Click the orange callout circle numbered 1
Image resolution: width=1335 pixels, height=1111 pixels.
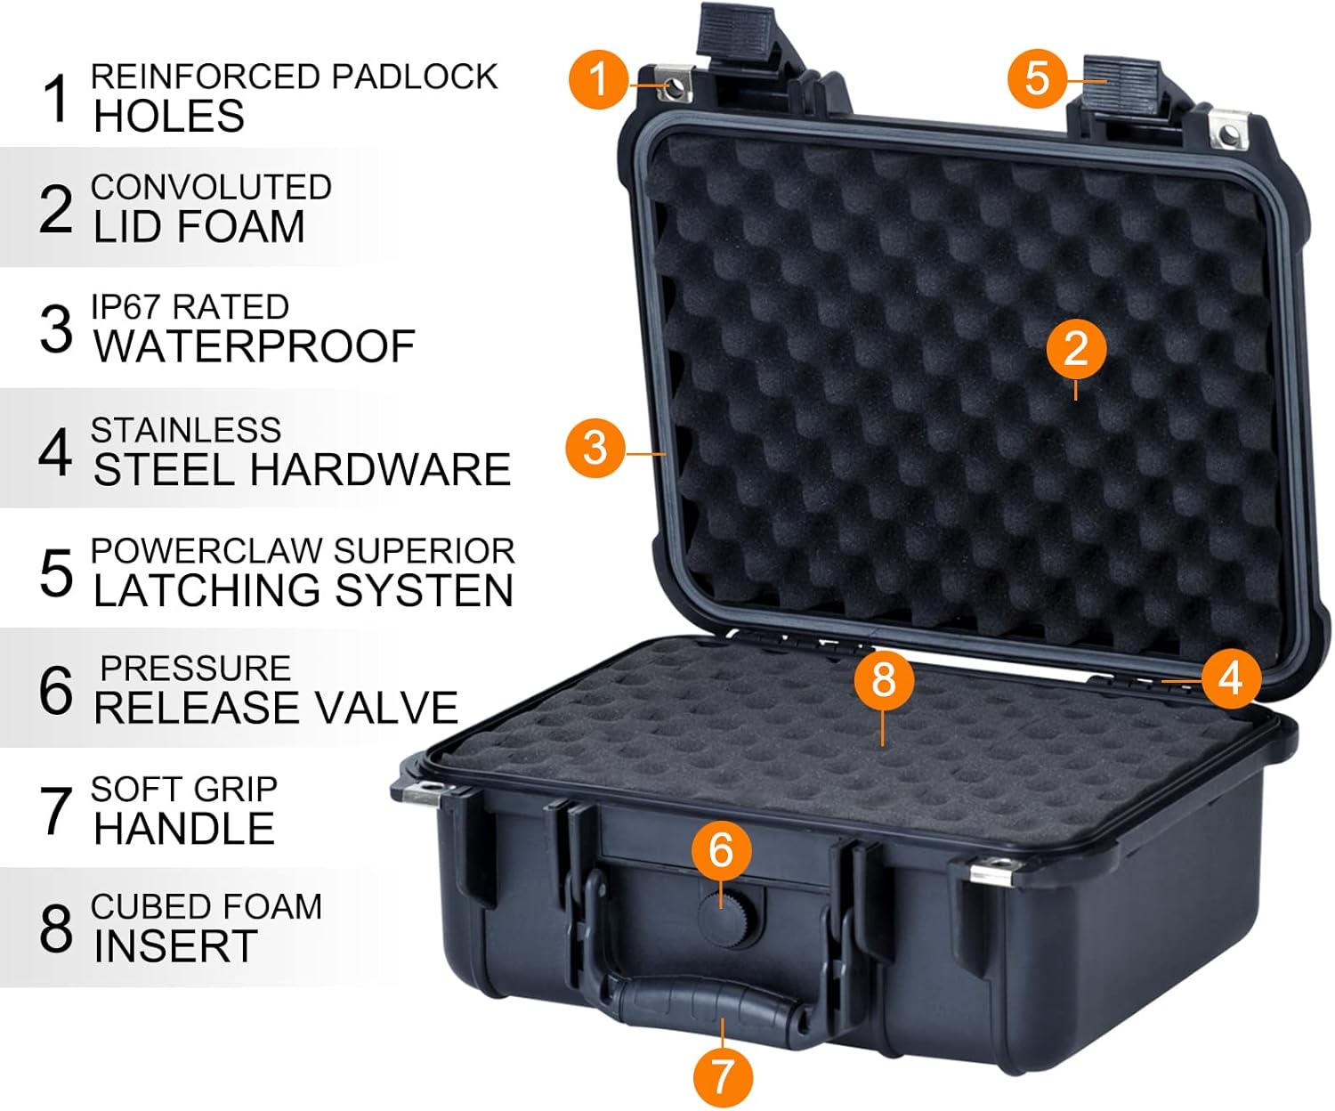point(598,79)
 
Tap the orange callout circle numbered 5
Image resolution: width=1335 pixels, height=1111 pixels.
point(1037,78)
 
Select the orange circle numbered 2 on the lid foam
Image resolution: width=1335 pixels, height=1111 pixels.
point(1076,349)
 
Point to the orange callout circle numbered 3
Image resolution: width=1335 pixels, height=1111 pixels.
point(595,448)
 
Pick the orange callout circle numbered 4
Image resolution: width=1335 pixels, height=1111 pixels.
point(1231,678)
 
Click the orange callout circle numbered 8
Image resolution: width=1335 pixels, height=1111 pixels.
point(884,680)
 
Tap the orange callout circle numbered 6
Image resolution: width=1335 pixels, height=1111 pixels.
point(721,851)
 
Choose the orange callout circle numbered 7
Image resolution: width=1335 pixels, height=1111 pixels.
point(723,1076)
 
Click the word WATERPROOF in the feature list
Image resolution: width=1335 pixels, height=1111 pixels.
point(255,346)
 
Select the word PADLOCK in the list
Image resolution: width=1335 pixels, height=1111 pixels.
point(415,77)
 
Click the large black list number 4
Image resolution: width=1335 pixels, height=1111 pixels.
point(55,453)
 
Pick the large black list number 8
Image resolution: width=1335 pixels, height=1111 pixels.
point(55,929)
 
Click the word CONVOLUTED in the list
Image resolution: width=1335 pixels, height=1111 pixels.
point(211,188)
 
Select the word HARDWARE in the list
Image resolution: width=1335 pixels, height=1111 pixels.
point(380,469)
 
